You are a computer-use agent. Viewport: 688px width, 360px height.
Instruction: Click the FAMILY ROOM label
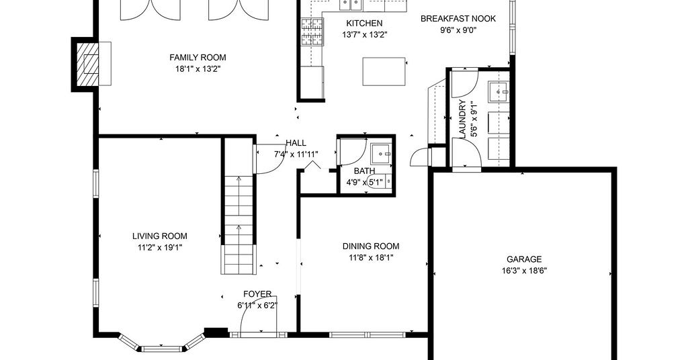tap(198, 58)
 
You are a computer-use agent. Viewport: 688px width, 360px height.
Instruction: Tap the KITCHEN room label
tap(364, 24)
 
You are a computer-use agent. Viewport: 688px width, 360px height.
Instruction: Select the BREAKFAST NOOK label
tap(458, 19)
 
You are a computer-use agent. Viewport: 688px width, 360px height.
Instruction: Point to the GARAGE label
tap(524, 259)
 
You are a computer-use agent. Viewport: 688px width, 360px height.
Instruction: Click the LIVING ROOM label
tap(160, 236)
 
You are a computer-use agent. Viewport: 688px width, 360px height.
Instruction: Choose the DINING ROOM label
tap(371, 246)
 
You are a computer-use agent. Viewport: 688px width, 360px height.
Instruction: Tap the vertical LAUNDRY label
tap(462, 120)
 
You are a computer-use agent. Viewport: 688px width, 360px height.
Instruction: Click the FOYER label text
tap(257, 294)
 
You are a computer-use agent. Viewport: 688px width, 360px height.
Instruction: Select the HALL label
tap(296, 143)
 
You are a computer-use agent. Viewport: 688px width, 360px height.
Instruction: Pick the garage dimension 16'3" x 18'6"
tap(524, 271)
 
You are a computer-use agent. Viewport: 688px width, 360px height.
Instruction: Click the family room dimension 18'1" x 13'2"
tap(198, 69)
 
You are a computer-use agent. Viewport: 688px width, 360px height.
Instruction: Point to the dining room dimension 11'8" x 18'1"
tap(371, 258)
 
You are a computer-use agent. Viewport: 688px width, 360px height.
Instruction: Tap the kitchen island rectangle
tap(384, 71)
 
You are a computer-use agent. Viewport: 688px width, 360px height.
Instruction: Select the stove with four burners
tap(312, 32)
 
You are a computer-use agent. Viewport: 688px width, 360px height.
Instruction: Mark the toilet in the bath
tap(380, 181)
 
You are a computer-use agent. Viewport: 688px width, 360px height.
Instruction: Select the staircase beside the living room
tap(239, 206)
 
